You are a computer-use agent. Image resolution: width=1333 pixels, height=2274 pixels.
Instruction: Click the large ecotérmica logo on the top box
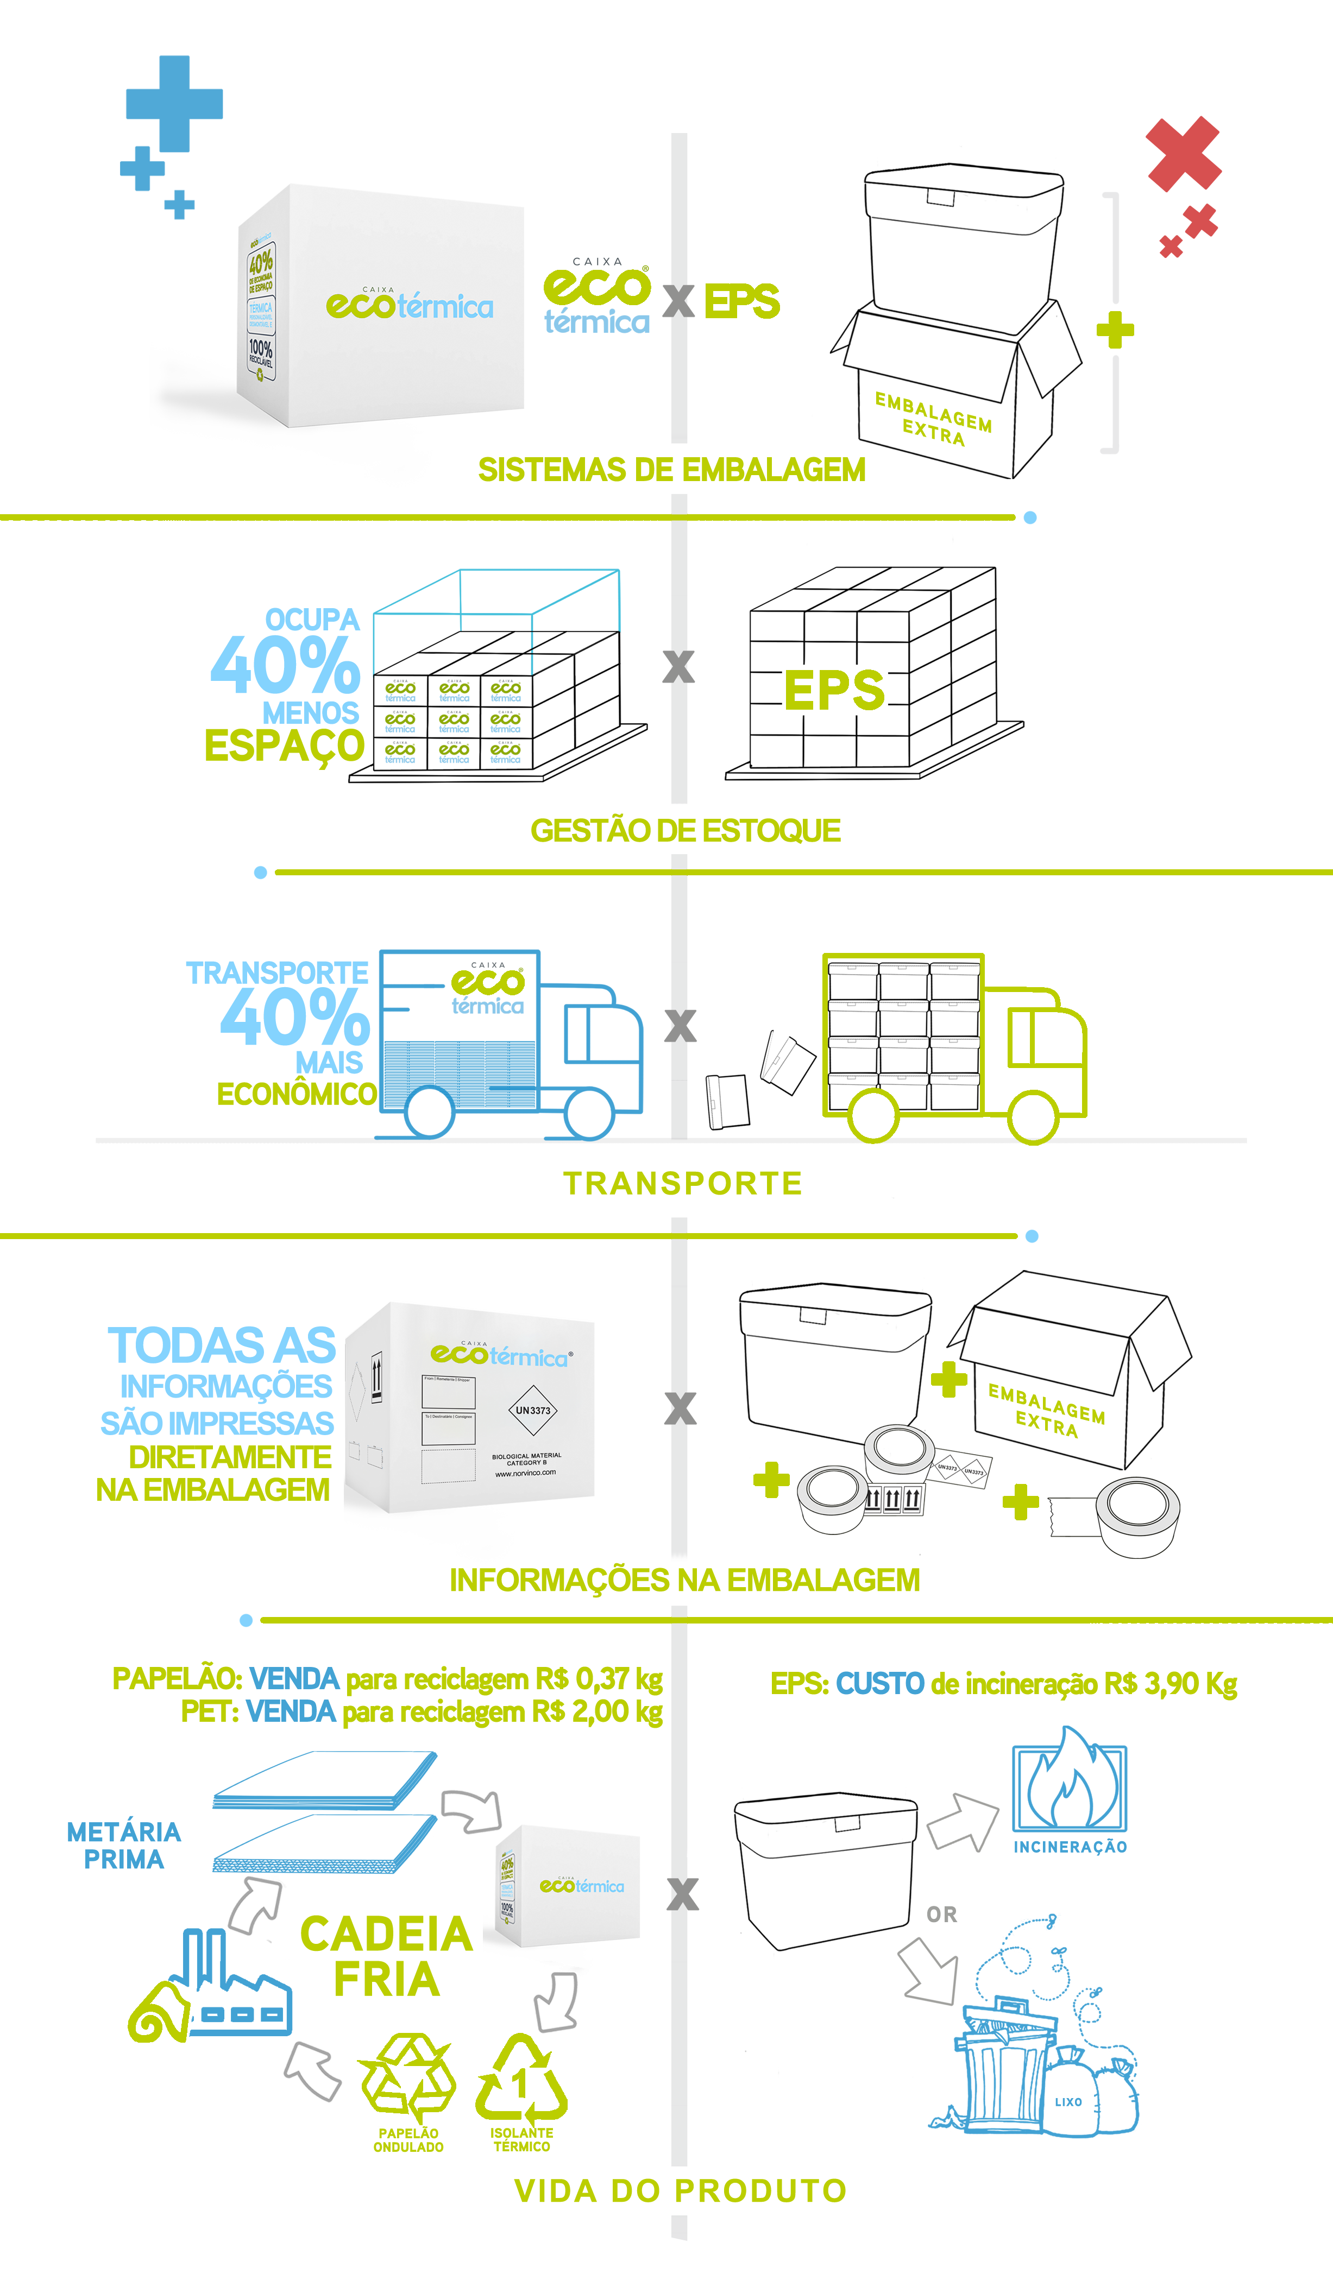409,305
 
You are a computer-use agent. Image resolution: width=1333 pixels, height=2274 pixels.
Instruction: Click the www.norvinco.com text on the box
525,1473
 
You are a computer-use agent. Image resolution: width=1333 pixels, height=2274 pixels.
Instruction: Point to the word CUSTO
880,1684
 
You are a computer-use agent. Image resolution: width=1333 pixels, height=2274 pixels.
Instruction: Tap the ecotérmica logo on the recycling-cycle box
581,1886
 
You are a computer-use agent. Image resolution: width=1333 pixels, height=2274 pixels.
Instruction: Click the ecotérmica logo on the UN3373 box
499,1355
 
